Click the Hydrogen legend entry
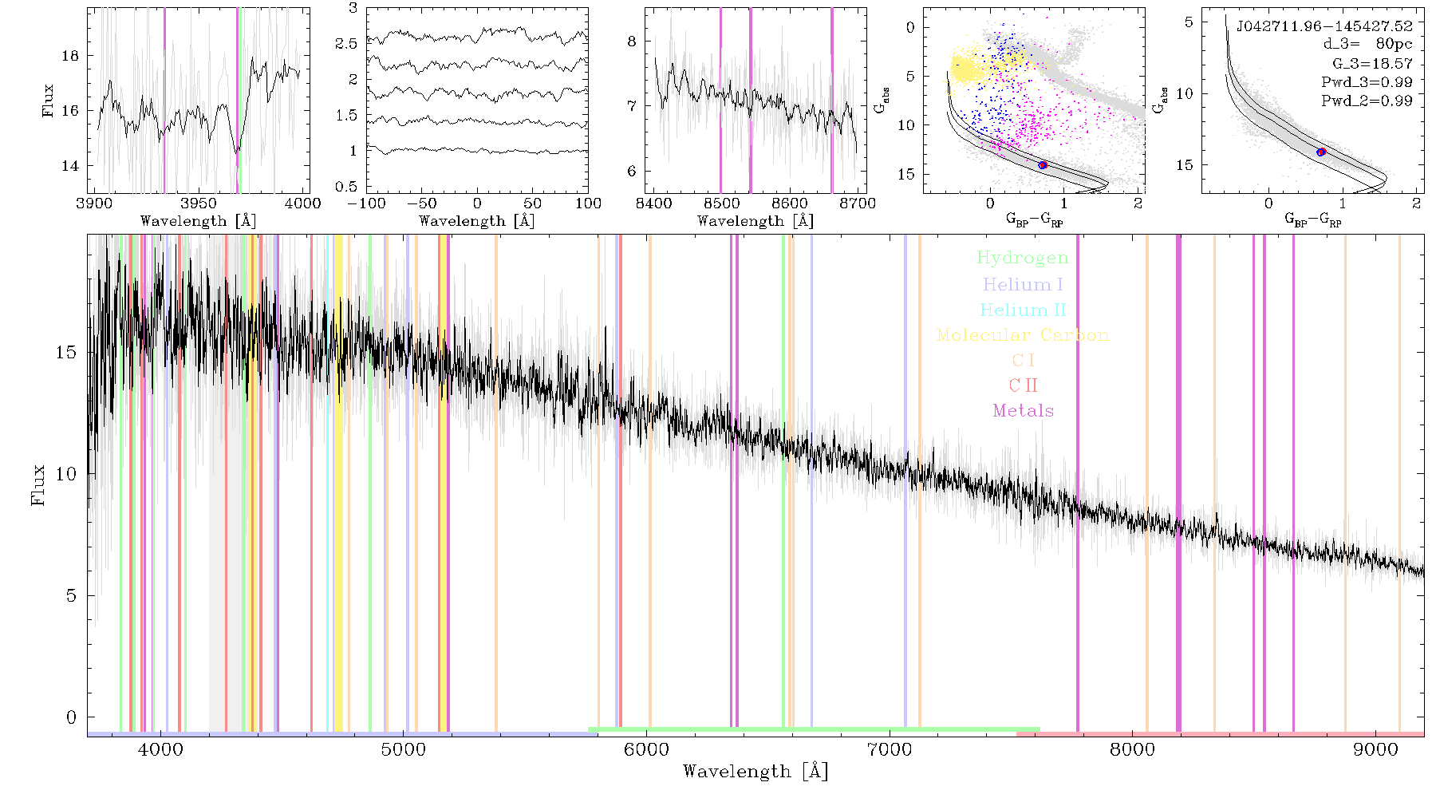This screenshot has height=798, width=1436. coord(1022,259)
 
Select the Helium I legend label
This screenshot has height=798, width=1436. coord(1023,285)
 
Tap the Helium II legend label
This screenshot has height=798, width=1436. coord(1023,310)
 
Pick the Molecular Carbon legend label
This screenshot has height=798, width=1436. coord(1023,335)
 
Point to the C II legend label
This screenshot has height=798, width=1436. coord(1023,385)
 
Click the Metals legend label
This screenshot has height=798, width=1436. coord(1023,411)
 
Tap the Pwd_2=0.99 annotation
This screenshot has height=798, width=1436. coord(1367,101)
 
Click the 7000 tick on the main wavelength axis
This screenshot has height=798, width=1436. coord(889,750)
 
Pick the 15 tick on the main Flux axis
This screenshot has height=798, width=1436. coord(67,353)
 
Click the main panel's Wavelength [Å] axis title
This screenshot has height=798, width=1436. coord(755,772)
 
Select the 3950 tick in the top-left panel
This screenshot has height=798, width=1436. coord(199,203)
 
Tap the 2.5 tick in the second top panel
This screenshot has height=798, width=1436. coord(346,44)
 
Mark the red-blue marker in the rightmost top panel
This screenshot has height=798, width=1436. coord(1321,152)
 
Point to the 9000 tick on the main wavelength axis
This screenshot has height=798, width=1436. coord(1375,750)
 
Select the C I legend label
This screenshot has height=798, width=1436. coord(1023,361)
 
